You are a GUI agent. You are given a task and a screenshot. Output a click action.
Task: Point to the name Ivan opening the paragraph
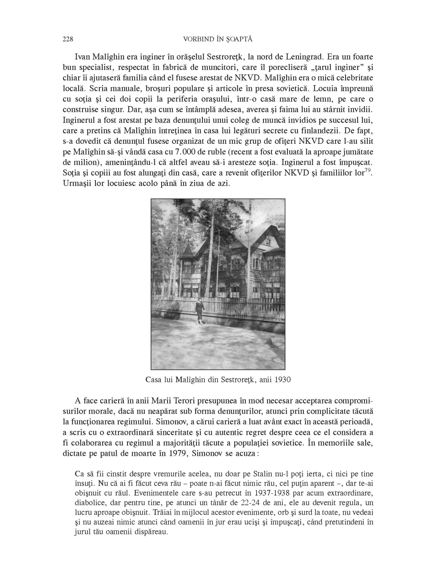pos(83,57)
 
